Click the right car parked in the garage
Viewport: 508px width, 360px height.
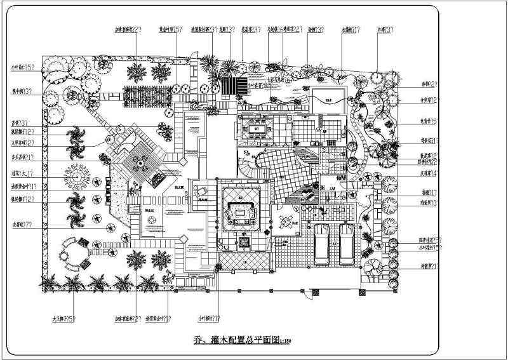347,243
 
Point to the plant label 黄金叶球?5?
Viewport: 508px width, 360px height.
171,30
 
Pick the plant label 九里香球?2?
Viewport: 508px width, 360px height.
22,143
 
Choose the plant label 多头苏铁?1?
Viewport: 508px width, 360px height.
22,156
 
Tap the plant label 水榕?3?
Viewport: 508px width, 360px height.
384,30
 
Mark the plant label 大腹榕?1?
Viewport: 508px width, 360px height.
351,30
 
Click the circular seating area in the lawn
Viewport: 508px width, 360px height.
73,256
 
